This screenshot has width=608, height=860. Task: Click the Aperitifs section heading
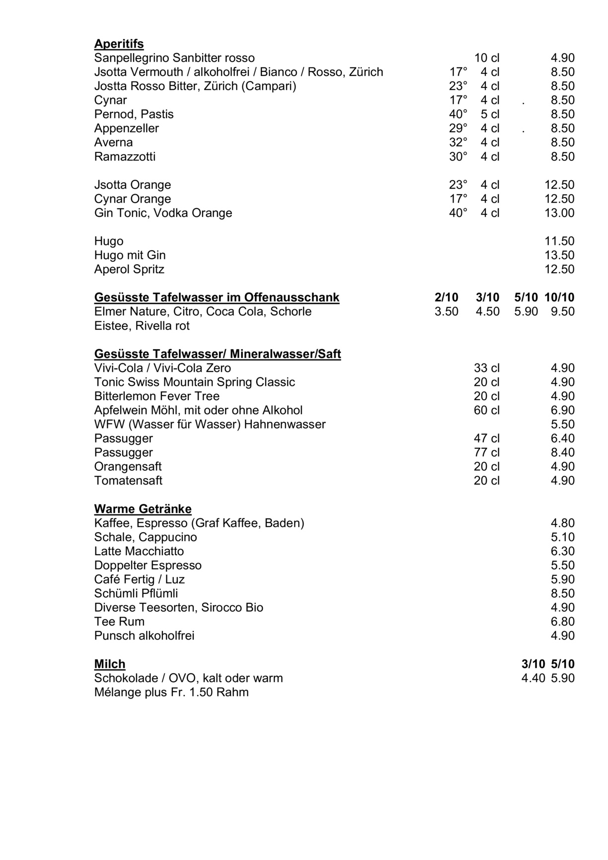point(119,44)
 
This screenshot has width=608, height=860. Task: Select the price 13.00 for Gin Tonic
point(559,213)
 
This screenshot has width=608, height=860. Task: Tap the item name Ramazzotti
point(125,157)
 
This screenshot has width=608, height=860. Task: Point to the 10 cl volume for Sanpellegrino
point(487,58)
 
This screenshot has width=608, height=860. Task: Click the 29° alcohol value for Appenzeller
point(458,129)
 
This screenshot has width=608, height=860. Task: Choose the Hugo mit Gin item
point(130,255)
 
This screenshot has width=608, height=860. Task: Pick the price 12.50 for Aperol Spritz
point(559,270)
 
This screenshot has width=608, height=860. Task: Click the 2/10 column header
point(446,297)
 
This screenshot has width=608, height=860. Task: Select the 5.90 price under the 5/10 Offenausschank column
point(526,312)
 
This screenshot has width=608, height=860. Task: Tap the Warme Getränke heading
point(143,509)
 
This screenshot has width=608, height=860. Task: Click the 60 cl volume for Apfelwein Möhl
point(487,410)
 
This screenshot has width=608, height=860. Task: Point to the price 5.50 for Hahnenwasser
point(562,425)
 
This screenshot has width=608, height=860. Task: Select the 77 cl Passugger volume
point(487,452)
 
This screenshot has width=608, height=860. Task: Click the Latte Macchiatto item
point(139,551)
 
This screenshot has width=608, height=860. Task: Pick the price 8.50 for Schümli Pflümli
point(562,593)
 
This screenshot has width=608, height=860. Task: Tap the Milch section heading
point(110,664)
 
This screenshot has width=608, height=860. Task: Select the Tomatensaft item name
point(128,481)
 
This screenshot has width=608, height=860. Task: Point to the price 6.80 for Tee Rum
point(562,622)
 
